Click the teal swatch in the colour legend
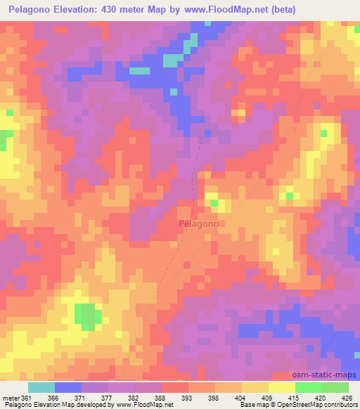(x=41, y=387)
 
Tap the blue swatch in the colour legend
(x=68, y=387)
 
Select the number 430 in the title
(x=123, y=10)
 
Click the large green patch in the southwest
(x=86, y=317)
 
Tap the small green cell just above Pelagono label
(x=215, y=204)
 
